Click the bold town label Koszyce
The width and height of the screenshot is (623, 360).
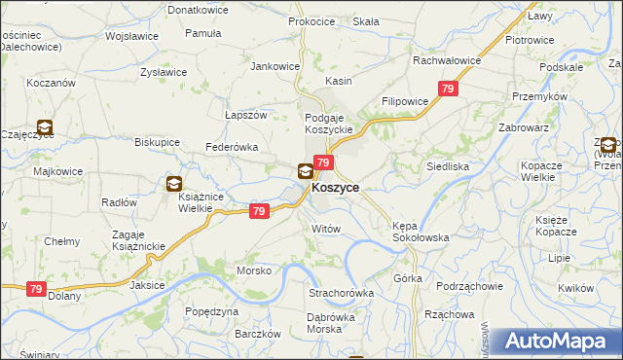(335, 188)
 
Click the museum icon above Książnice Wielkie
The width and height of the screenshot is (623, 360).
(173, 182)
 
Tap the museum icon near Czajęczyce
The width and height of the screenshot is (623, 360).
(44, 126)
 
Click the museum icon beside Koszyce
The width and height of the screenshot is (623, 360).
(305, 172)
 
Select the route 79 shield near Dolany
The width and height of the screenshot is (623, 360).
(36, 289)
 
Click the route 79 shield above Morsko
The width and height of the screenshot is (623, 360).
(258, 211)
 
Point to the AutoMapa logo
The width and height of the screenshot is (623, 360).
(556, 342)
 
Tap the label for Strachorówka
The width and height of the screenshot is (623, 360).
(342, 293)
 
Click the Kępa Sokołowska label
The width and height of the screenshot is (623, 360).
(420, 231)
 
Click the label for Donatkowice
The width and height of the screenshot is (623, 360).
(198, 9)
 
